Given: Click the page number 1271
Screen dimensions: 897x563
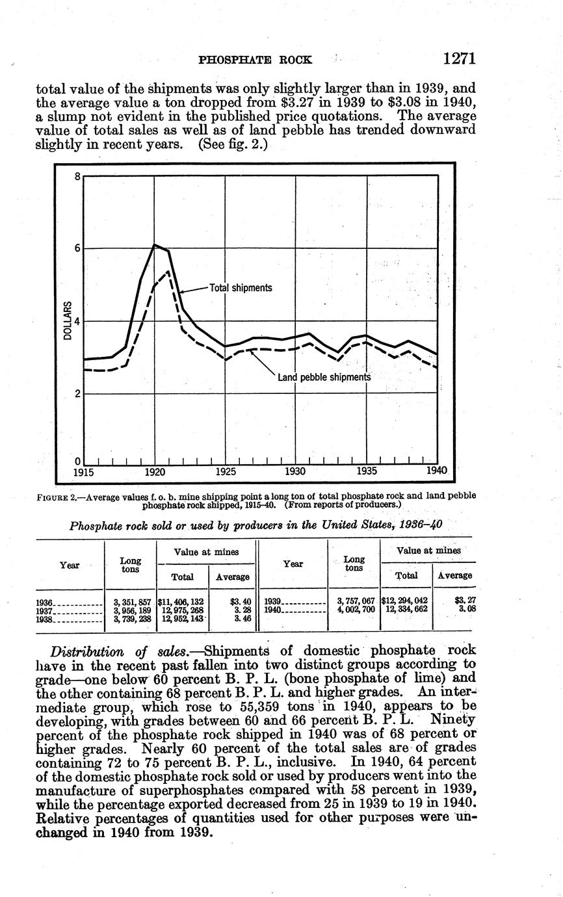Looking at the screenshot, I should point(460,58).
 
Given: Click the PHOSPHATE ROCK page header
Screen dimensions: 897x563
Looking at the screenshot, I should point(255,60).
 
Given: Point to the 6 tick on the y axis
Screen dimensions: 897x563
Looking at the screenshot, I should point(77,248).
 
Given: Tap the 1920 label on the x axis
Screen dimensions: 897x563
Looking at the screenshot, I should point(154,471).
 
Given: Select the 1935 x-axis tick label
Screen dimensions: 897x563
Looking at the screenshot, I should point(367,471).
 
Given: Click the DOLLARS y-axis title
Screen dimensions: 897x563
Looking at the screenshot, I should point(67,321).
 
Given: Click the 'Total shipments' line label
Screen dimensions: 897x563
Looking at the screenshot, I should point(241,287).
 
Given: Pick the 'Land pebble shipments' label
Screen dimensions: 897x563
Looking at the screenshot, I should point(324,377).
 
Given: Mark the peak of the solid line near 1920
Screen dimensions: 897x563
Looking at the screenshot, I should point(155,244).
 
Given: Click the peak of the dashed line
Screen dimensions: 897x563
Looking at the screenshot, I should point(168,271).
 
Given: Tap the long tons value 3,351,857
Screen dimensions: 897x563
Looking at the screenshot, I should point(132,601).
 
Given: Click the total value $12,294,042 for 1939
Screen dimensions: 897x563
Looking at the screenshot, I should point(404,601).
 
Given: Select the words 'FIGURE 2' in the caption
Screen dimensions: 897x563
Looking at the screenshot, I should point(57,496).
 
